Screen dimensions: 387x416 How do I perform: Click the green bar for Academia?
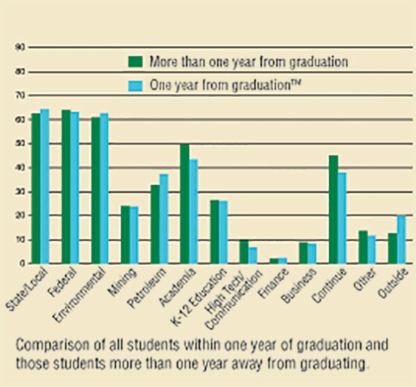tap(185, 203)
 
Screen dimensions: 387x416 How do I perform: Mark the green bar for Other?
tap(363, 247)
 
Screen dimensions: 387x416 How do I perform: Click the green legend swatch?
tap(135, 62)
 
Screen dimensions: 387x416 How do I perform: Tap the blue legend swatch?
tap(135, 85)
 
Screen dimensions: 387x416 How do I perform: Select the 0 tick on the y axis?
tap(22, 263)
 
